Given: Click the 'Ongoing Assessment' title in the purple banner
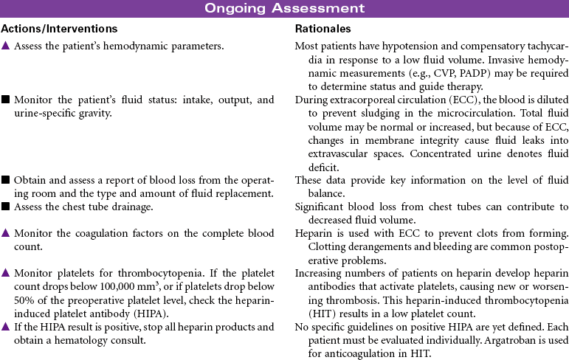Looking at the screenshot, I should tap(284, 9).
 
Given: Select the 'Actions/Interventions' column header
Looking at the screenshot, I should tap(59, 29).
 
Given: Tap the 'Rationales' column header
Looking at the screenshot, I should tap(323, 29).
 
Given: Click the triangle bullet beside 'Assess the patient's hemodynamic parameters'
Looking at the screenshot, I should tap(5, 47).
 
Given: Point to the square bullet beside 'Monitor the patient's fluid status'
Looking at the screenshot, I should tap(5, 100).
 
